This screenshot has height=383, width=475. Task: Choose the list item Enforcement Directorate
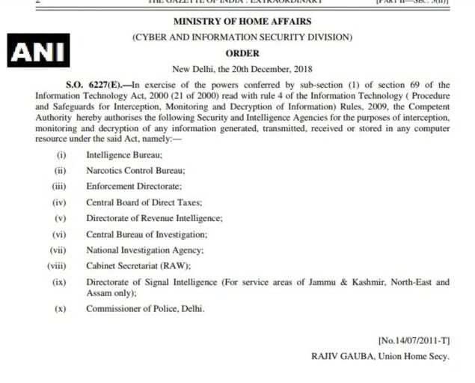(134, 186)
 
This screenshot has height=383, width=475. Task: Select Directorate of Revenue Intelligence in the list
(154, 217)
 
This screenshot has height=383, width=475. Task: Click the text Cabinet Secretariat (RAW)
(138, 265)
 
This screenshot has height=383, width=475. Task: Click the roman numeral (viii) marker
(57, 265)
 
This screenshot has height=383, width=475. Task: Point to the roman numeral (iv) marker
(59, 202)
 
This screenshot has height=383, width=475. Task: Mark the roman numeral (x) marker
(60, 308)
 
